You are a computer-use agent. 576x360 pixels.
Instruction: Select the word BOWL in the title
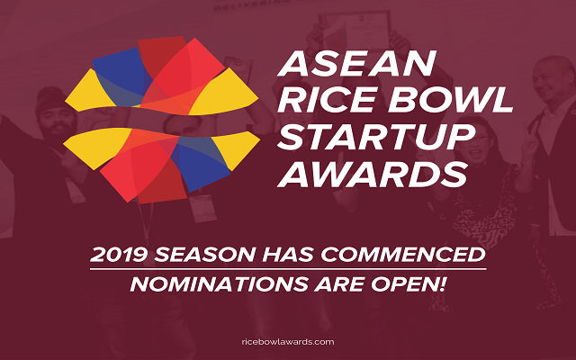pyautogui.click(x=451, y=100)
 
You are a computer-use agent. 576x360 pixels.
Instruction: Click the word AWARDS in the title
pyautogui.click(x=373, y=174)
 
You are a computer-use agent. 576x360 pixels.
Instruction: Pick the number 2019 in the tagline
pyautogui.click(x=118, y=255)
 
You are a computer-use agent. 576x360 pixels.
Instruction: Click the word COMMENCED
pyautogui.click(x=403, y=255)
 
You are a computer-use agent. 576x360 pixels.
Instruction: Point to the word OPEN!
pyautogui.click(x=409, y=284)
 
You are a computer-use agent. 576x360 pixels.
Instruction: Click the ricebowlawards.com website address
pyautogui.click(x=288, y=342)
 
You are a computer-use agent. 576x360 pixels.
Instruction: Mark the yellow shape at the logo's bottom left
pyautogui.click(x=96, y=146)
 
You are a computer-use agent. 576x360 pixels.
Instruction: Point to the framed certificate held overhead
pyautogui.click(x=355, y=31)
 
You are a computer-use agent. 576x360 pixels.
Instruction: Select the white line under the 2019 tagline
pyautogui.click(x=288, y=269)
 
